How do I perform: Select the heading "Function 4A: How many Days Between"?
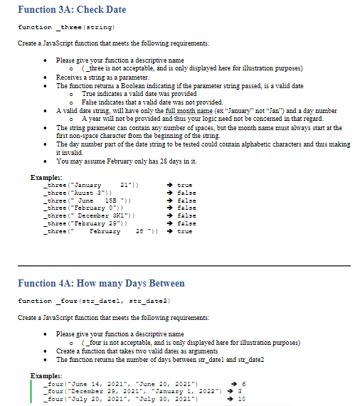[91, 284]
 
